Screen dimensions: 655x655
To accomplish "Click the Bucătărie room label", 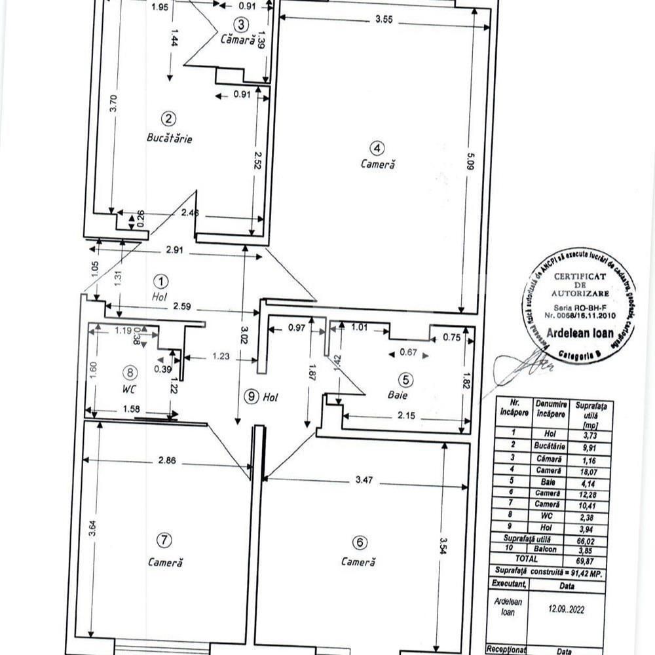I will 169,139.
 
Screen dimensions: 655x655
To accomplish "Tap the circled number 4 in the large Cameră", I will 378,147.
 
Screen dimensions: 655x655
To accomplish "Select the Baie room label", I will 394,395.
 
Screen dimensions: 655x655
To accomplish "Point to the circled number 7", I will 164,540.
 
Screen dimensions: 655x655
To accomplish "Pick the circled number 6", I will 358,542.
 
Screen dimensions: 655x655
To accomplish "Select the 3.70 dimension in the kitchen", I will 113,105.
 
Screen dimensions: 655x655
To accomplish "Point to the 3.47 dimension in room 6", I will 367,480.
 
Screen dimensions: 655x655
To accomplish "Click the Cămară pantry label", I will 236,39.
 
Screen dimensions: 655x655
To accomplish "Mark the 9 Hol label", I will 260,396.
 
